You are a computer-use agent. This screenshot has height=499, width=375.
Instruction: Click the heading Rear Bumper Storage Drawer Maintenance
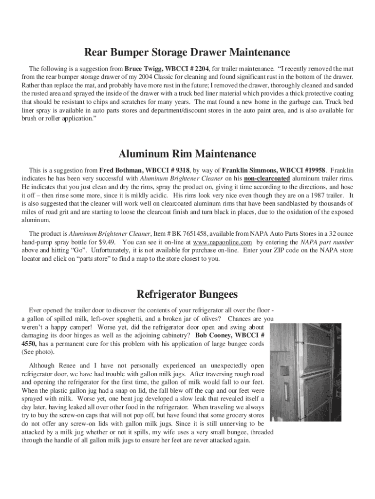coord(187,52)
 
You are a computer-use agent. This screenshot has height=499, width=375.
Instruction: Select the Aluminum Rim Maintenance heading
coord(187,154)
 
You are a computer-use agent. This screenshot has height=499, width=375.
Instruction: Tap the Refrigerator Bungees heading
coord(187,294)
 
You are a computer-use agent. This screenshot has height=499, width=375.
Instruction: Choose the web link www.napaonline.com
coord(223,242)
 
